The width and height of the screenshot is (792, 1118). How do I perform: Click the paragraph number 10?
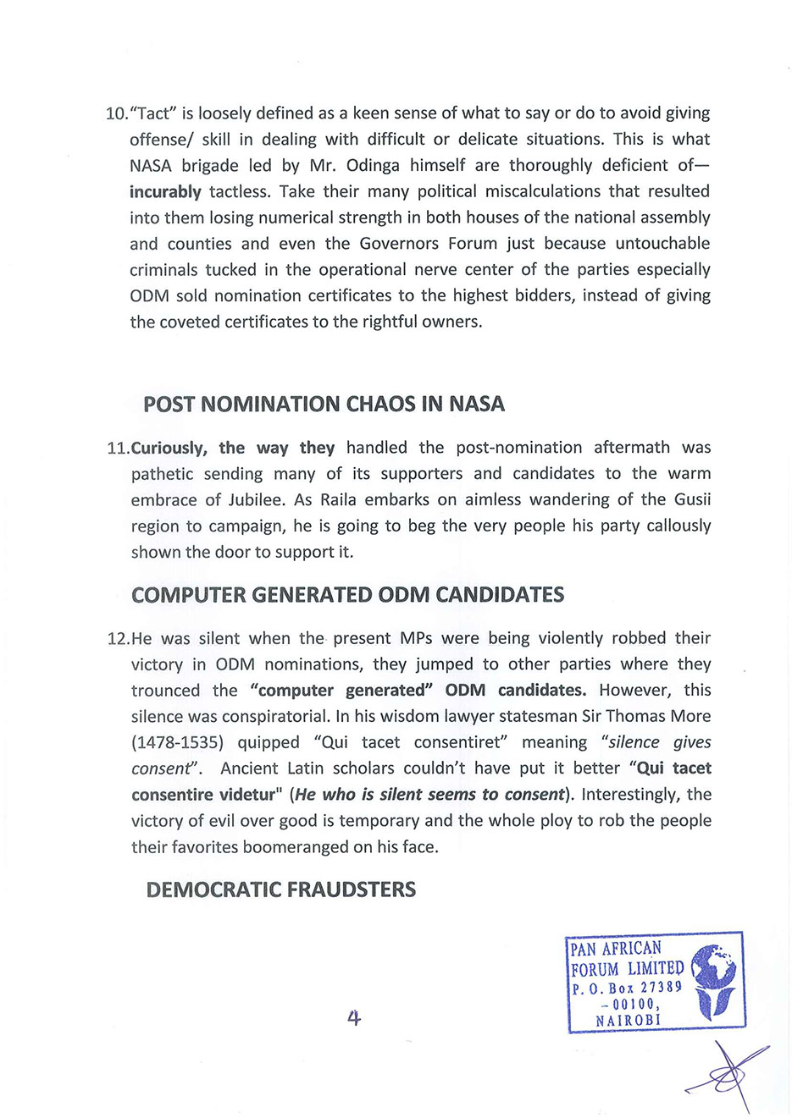(x=116, y=114)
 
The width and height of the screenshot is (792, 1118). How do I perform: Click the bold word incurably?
(x=165, y=192)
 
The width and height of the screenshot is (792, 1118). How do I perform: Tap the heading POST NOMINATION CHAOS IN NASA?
(x=324, y=405)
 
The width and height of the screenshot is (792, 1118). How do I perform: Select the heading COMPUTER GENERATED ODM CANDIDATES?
(x=347, y=595)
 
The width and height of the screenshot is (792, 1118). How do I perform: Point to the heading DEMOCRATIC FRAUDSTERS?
(x=280, y=889)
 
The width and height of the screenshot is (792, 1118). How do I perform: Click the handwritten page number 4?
(x=354, y=1018)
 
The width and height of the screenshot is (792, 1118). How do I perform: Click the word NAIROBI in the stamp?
(x=628, y=1021)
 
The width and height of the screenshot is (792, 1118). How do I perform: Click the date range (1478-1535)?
(x=177, y=742)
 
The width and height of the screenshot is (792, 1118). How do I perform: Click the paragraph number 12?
(x=119, y=639)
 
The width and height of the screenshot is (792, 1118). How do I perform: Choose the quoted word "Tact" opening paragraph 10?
(x=152, y=114)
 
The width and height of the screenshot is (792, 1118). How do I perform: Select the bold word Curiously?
(x=169, y=448)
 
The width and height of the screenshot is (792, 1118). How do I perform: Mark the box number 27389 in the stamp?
(x=662, y=988)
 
